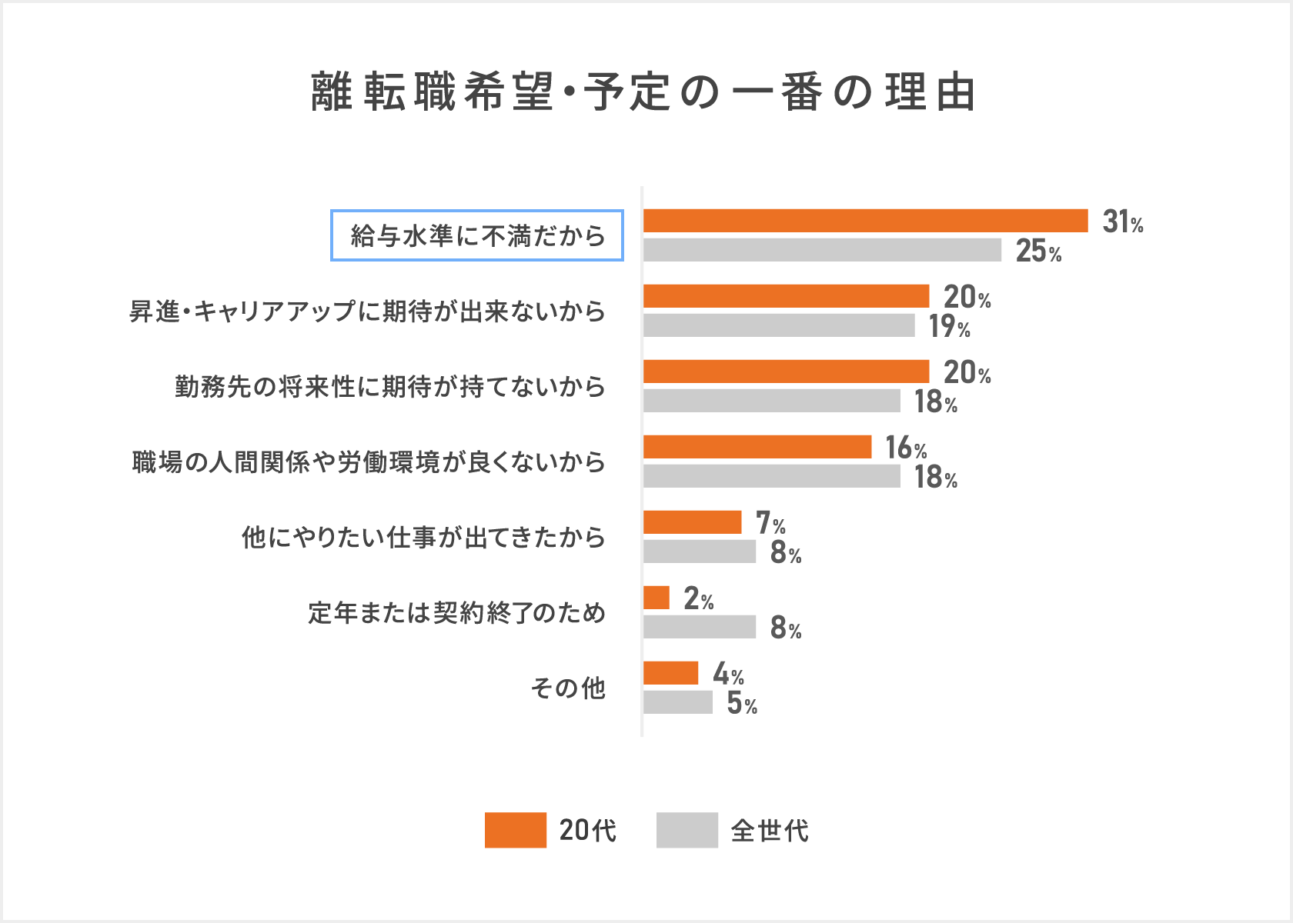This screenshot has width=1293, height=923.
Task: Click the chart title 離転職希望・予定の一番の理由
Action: (643, 92)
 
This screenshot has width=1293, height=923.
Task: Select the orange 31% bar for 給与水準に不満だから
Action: (865, 221)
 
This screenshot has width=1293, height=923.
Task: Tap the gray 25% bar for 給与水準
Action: (822, 250)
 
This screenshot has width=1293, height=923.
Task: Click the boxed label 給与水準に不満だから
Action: (477, 235)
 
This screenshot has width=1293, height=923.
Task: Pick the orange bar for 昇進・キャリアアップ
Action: (786, 296)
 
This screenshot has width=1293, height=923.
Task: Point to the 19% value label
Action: (949, 326)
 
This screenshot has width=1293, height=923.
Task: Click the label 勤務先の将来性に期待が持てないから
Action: (390, 386)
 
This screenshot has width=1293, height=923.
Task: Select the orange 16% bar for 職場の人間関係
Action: (757, 447)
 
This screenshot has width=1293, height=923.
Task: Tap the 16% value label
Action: (906, 448)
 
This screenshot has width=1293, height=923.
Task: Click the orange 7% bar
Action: (692, 522)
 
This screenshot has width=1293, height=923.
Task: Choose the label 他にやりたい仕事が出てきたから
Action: (423, 537)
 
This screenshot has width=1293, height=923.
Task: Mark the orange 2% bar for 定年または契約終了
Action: (657, 598)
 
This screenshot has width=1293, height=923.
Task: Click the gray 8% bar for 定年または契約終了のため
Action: (700, 627)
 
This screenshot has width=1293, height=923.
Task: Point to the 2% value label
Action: (698, 598)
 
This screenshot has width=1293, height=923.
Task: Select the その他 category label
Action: (568, 688)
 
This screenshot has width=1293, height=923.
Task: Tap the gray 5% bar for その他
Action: (678, 702)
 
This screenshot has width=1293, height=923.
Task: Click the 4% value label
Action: (728, 674)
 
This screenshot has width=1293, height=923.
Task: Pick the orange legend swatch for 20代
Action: (515, 830)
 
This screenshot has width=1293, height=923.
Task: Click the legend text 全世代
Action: (770, 831)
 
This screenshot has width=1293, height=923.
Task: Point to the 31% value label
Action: (1122, 222)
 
